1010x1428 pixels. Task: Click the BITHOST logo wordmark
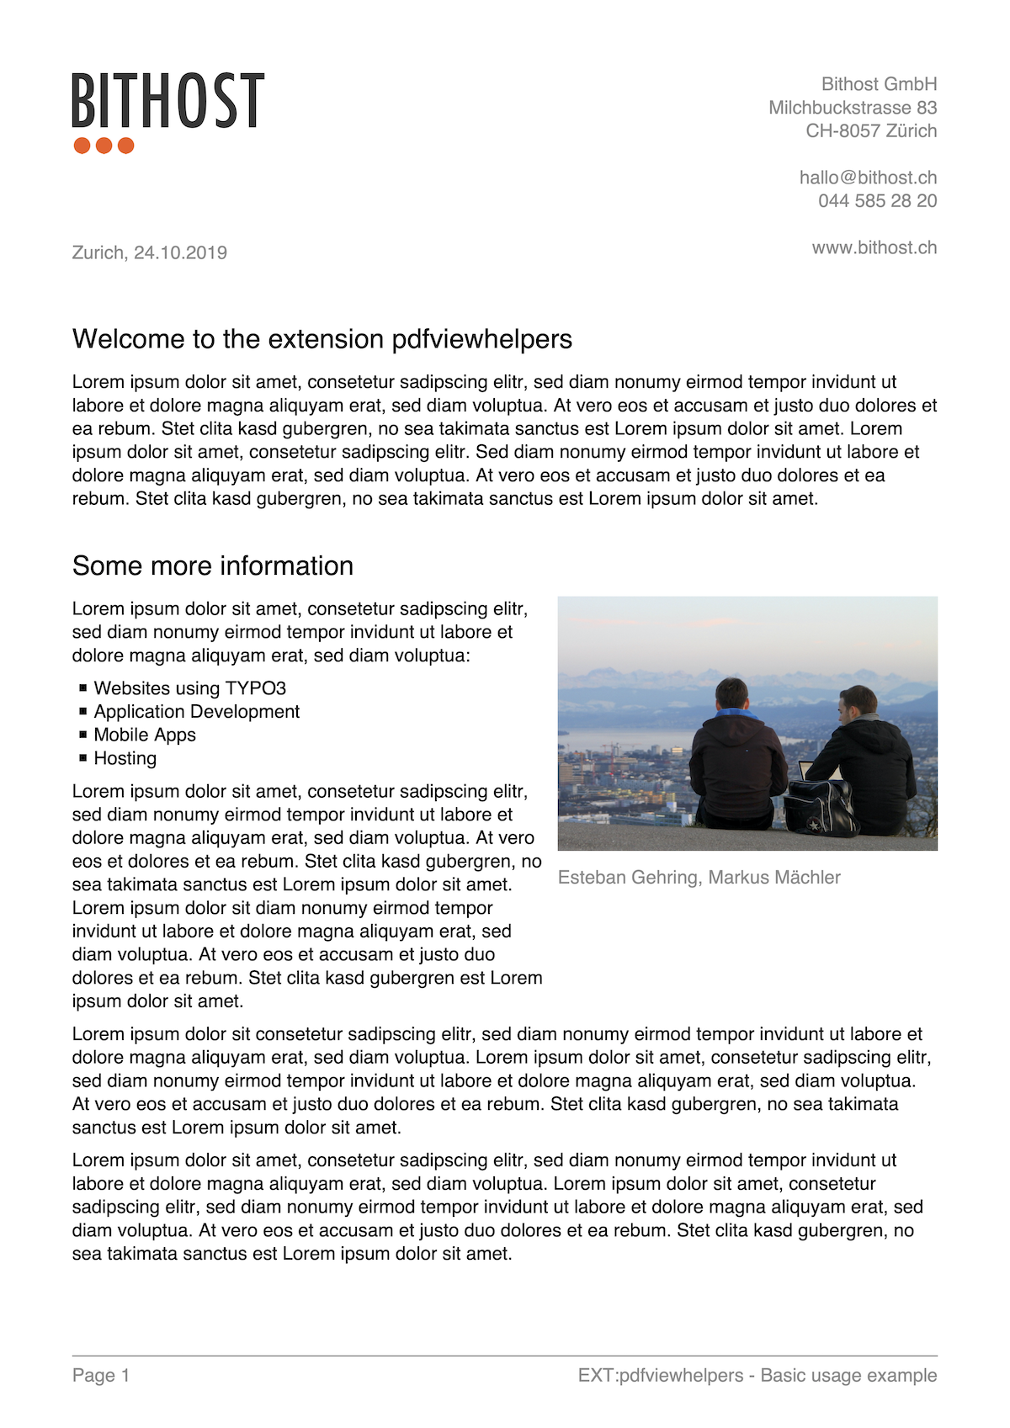(x=167, y=100)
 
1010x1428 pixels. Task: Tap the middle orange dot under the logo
(x=104, y=146)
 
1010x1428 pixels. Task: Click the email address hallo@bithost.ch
(x=868, y=178)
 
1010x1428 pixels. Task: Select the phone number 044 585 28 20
(x=877, y=201)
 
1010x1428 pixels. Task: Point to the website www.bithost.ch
(x=874, y=247)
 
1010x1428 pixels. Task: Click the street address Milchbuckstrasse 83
(x=852, y=108)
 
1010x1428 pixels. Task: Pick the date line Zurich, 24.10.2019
(x=150, y=252)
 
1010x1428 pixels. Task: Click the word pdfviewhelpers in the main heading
(x=481, y=339)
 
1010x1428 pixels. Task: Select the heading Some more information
(x=213, y=566)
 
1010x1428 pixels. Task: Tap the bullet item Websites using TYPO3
(x=189, y=688)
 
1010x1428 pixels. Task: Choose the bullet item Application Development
(x=196, y=712)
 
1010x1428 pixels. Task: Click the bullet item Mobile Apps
(x=145, y=735)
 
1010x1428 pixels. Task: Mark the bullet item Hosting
(x=125, y=759)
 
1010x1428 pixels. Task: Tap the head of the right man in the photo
(x=858, y=703)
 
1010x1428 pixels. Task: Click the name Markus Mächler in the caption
(x=774, y=878)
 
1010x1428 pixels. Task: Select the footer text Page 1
(x=101, y=1376)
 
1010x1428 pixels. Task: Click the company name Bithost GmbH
(x=879, y=84)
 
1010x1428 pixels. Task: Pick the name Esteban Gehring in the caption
(x=628, y=878)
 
